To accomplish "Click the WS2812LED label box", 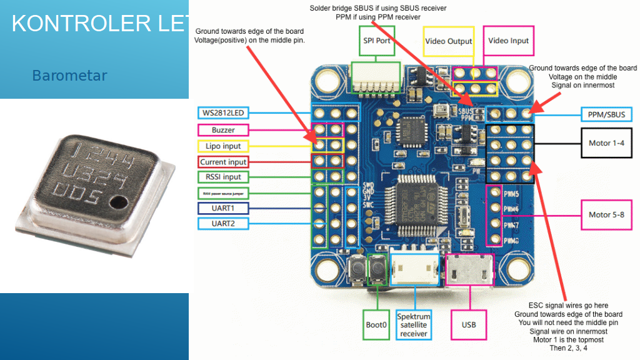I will click(x=222, y=113).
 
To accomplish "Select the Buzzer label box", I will click(x=223, y=130).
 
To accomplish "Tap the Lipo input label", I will click(x=223, y=146).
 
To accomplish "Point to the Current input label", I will click(x=223, y=162).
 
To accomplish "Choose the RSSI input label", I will click(x=223, y=177).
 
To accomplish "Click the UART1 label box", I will click(x=223, y=207).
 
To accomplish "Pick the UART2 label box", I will click(x=223, y=223).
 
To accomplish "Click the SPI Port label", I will click(x=377, y=41).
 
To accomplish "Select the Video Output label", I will click(x=448, y=41).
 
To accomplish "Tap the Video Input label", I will click(x=508, y=41).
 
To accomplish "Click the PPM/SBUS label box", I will click(x=606, y=114).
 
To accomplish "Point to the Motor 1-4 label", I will click(x=606, y=143).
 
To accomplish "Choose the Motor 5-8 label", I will click(x=606, y=215).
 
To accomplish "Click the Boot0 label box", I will click(x=376, y=325).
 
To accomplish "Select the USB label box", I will click(x=469, y=325).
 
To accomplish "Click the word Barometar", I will click(x=69, y=76).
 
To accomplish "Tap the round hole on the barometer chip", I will click(x=117, y=202).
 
